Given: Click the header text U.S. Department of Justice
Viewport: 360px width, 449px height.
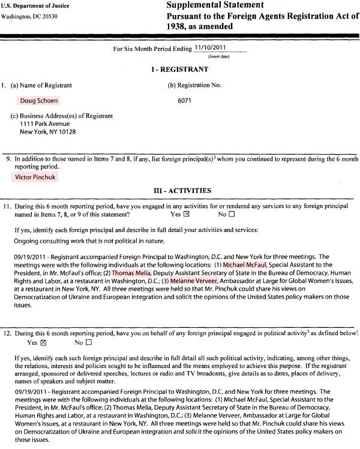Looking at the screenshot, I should (x=34, y=5).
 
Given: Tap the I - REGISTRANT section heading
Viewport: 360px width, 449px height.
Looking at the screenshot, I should (x=180, y=70).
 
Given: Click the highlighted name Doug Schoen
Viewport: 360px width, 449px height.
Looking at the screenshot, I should (x=39, y=101).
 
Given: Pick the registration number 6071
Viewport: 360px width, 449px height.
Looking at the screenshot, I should (x=185, y=101).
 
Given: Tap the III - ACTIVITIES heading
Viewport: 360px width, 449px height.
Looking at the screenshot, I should (x=180, y=191).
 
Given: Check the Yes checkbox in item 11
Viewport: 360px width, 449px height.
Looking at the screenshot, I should (x=187, y=214).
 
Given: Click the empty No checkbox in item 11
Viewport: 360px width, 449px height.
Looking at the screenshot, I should (x=231, y=214).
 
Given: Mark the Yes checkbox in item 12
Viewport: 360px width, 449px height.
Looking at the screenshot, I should (x=43, y=343).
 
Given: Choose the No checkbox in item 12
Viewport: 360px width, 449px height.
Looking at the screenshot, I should (x=88, y=343).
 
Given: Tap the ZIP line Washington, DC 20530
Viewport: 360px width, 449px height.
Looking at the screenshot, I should (x=32, y=16).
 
